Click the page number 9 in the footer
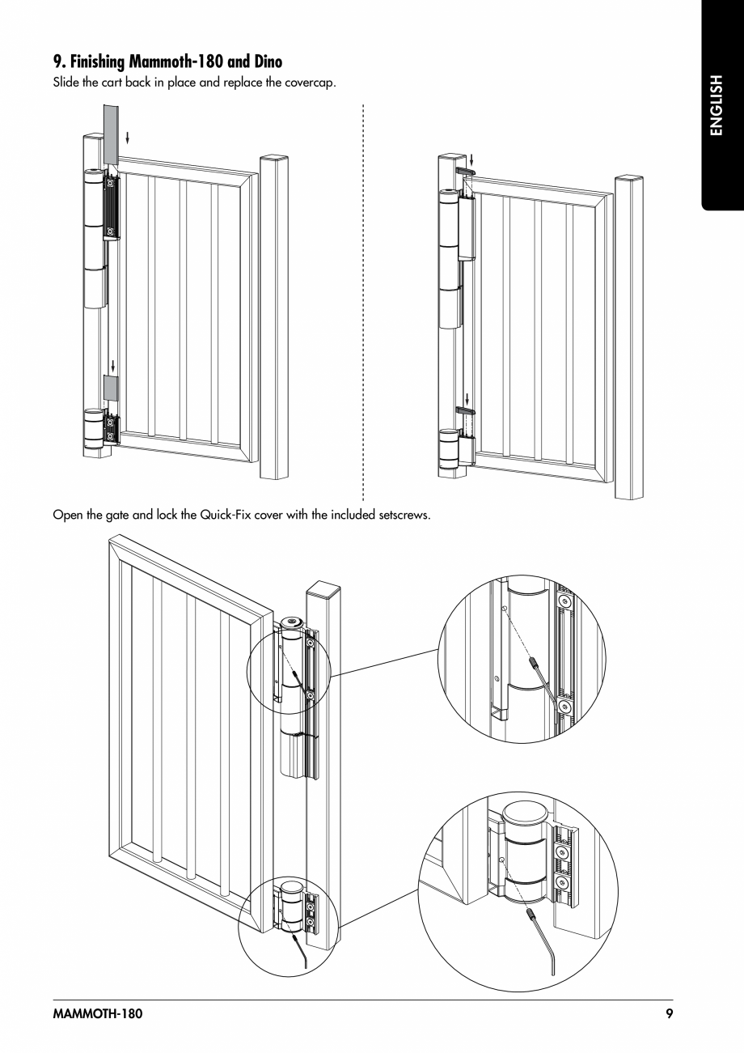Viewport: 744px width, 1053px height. (669, 1014)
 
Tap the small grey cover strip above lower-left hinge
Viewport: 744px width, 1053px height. (111, 388)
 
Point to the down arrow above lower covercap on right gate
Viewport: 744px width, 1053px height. (467, 398)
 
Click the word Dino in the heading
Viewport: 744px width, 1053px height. (263, 62)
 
